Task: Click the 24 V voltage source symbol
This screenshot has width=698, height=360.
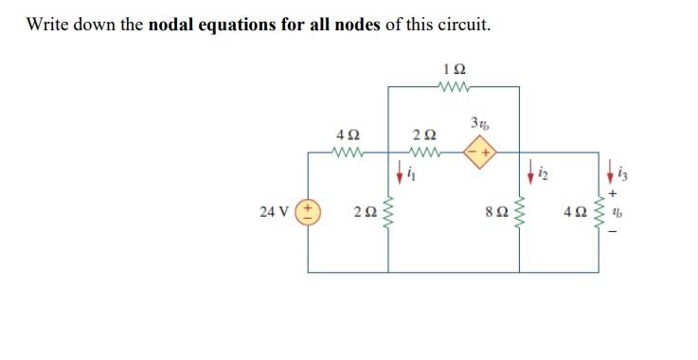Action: (x=310, y=210)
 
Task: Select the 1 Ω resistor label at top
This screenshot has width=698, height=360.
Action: (x=455, y=69)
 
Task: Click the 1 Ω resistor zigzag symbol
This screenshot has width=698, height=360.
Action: (x=455, y=87)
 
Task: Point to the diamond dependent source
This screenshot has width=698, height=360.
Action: (x=482, y=152)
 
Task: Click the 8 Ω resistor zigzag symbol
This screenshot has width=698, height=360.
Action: (x=518, y=210)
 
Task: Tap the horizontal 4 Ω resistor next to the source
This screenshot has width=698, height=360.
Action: (x=348, y=152)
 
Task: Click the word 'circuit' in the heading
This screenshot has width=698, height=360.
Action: (x=461, y=24)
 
